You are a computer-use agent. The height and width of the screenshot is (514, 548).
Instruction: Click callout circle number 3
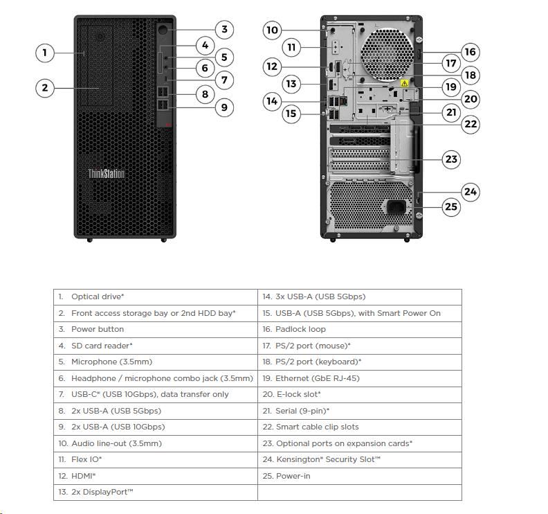[x=223, y=29]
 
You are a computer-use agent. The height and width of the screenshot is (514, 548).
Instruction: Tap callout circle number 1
[x=44, y=52]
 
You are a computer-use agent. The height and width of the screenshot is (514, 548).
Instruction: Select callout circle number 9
[x=223, y=107]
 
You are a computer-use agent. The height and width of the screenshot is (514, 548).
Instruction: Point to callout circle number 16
[x=470, y=52]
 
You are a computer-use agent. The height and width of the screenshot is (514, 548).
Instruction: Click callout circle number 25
[x=451, y=206]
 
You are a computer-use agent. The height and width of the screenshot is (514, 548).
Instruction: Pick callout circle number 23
[x=451, y=159]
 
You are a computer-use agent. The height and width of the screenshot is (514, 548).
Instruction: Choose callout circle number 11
[x=291, y=48]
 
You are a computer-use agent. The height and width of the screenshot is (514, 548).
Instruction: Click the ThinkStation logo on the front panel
[x=107, y=173]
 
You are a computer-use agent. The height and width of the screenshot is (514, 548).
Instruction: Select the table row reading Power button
[x=98, y=329]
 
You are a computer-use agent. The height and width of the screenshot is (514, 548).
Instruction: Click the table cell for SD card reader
[x=102, y=346]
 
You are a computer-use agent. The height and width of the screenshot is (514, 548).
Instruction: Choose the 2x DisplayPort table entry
[x=102, y=492]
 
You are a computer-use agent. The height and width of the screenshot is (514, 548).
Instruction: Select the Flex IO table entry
[x=86, y=459]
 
